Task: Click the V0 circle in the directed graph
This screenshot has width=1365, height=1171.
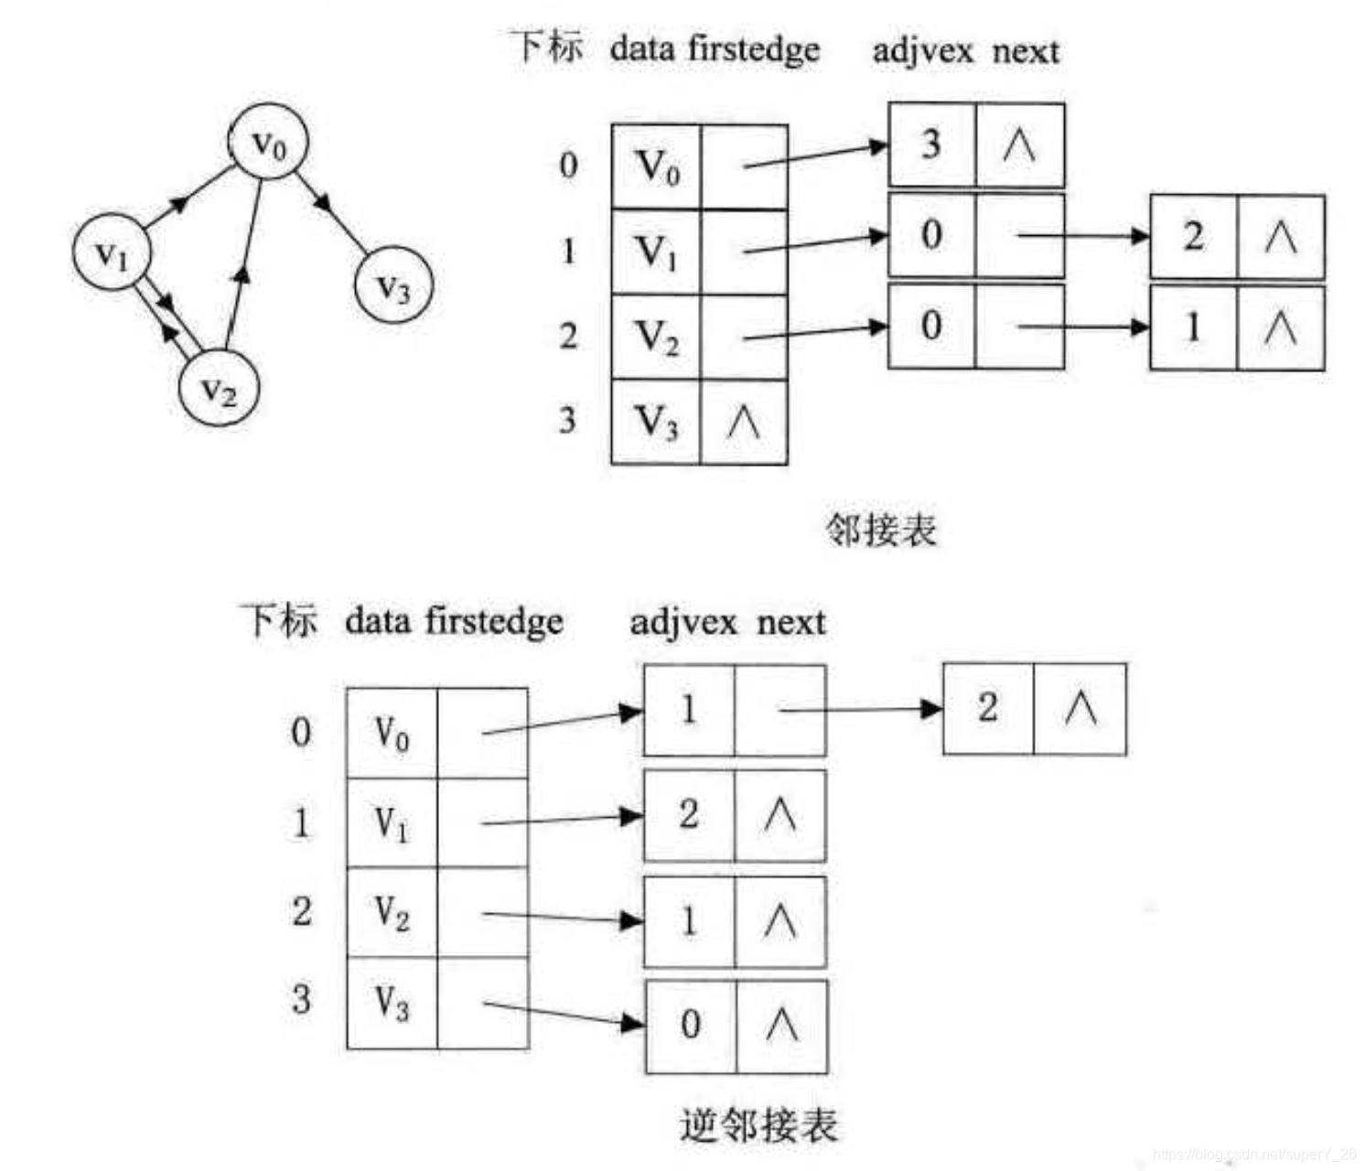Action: pyautogui.click(x=268, y=142)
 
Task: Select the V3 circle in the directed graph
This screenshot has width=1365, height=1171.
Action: pyautogui.click(x=393, y=285)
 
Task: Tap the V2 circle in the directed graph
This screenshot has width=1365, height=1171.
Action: pyautogui.click(x=220, y=389)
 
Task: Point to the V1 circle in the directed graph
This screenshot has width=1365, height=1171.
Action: pyautogui.click(x=113, y=252)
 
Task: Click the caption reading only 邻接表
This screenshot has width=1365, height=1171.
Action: pyautogui.click(x=882, y=529)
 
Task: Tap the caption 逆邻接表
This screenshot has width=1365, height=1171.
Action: pyautogui.click(x=758, y=1124)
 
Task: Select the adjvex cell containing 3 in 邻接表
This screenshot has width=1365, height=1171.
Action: pyautogui.click(x=931, y=145)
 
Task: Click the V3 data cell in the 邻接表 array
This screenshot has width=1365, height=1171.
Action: pyautogui.click(x=656, y=423)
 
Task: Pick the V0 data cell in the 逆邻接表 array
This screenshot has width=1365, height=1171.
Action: pyautogui.click(x=392, y=733)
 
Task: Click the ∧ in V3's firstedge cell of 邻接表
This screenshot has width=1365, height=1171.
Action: pyautogui.click(x=743, y=423)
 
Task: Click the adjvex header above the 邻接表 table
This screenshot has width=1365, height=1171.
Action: pyautogui.click(x=922, y=50)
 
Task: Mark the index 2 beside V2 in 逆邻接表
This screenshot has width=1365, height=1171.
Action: pyautogui.click(x=302, y=911)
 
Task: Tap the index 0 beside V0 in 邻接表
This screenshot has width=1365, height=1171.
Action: pyautogui.click(x=568, y=166)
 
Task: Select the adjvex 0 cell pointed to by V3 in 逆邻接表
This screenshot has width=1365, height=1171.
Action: pyautogui.click(x=691, y=1025)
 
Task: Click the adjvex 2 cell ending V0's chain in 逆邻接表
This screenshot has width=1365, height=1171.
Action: pyautogui.click(x=987, y=708)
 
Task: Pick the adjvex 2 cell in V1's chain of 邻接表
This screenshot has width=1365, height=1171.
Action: pyautogui.click(x=1193, y=236)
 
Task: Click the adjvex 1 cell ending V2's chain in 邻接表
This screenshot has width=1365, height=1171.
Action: pyautogui.click(x=1193, y=328)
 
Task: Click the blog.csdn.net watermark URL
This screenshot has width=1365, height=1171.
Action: pyautogui.click(x=1253, y=1155)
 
